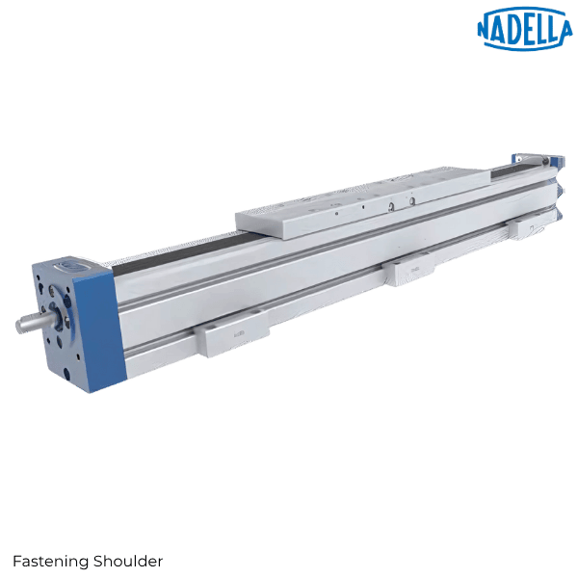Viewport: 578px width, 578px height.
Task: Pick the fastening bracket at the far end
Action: (529, 227)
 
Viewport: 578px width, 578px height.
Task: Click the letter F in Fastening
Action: (16, 561)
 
